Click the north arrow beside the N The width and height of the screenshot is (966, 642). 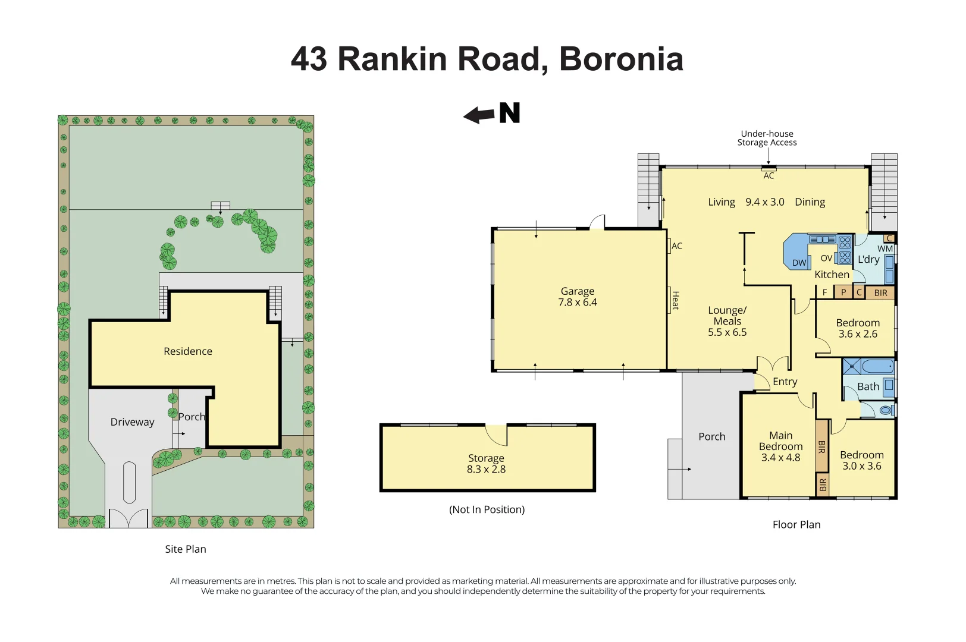(479, 115)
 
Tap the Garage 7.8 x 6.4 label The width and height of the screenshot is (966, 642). (578, 297)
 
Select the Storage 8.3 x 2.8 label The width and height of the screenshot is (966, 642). (486, 464)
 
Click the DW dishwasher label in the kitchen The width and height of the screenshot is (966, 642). (799, 263)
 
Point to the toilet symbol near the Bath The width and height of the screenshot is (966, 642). (887, 410)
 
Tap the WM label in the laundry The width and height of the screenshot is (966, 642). (885, 248)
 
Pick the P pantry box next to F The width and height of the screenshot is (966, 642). (843, 292)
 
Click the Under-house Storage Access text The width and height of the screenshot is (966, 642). (767, 138)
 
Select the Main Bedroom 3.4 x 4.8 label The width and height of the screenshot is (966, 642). (780, 446)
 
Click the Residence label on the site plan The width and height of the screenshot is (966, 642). (188, 351)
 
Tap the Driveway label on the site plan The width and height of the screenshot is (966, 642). (133, 422)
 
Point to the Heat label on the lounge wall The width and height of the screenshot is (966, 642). (676, 300)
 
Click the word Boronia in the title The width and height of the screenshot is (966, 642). (622, 59)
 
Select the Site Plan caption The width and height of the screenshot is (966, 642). (186, 549)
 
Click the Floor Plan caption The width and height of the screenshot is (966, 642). (796, 524)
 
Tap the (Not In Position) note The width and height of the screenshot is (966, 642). (487, 509)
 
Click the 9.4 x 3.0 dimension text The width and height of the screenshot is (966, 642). (765, 202)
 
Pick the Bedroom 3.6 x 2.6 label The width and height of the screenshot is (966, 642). (858, 328)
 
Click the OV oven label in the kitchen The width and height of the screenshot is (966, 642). (826, 258)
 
